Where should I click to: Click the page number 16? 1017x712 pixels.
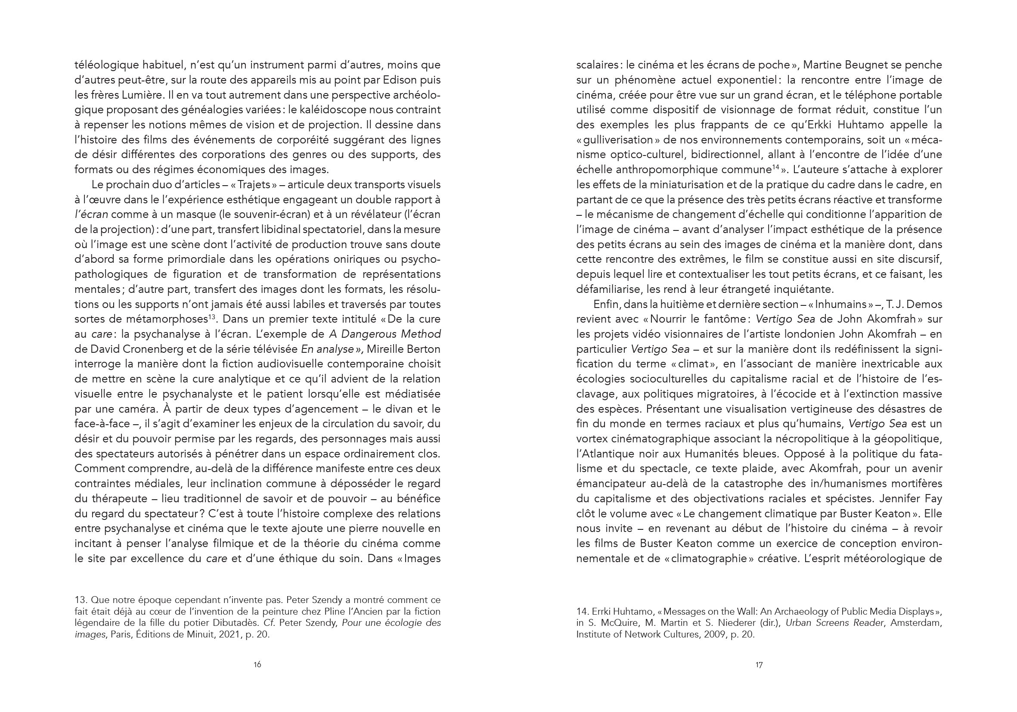click(257, 665)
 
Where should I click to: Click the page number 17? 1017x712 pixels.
click(759, 665)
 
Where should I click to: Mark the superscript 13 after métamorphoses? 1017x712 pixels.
click(212, 317)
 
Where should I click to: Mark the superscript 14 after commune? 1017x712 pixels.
click(775, 167)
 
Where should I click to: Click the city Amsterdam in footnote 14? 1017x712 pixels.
click(917, 623)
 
